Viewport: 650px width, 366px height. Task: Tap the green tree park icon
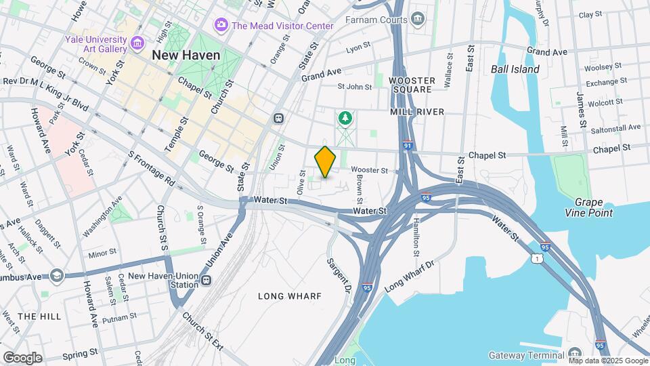345,119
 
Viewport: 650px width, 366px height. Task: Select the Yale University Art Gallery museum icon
137,44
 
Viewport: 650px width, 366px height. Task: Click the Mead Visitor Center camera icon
221,25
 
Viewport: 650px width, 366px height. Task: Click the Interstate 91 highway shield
406,145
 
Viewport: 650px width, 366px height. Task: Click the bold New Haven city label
186,55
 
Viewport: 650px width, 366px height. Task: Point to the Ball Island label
515,69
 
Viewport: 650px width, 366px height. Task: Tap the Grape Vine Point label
593,207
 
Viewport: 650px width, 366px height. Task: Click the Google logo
22,357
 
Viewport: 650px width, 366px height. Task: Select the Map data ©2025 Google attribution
608,361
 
